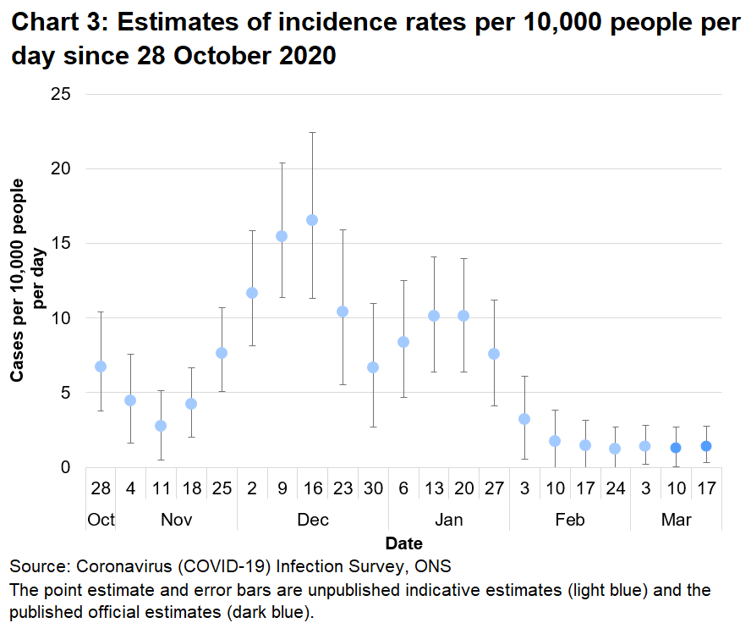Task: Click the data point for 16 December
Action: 312,220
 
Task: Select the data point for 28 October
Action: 101,367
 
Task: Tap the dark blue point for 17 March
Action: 706,446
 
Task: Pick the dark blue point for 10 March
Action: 676,448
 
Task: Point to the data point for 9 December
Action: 282,236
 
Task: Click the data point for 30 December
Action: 373,367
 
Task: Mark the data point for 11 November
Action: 161,426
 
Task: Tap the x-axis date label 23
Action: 342,490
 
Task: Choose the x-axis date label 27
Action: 494,490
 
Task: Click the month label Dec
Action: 313,519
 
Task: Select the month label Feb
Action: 570,519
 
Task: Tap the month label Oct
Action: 101,519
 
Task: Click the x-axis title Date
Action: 403,543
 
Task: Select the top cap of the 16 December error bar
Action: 312,133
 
